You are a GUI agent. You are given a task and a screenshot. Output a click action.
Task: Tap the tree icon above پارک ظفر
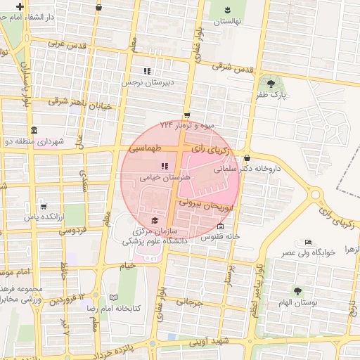click(271, 82)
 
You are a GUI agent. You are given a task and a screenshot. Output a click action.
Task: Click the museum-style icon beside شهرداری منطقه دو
click(34, 131)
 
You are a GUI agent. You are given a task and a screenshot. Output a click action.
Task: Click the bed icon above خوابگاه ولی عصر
click(308, 241)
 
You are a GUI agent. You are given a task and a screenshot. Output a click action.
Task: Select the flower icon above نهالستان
click(228, 10)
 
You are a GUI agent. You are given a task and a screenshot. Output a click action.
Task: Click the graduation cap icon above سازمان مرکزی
click(155, 221)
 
